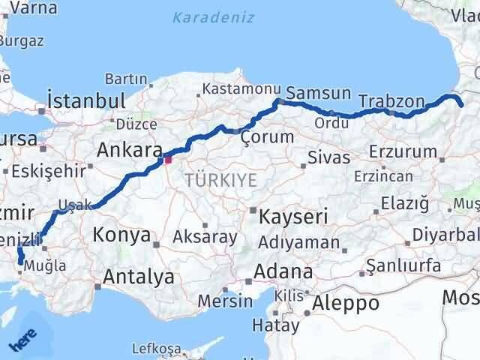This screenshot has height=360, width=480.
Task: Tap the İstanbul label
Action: (x=85, y=100)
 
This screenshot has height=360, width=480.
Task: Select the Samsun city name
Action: (x=319, y=94)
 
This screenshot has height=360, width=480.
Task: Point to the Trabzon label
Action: (x=391, y=100)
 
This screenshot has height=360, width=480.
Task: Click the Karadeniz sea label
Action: (x=213, y=16)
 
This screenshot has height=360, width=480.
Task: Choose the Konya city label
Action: (x=121, y=235)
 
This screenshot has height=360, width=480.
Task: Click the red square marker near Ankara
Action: (x=168, y=159)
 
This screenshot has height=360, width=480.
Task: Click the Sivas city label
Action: (x=329, y=157)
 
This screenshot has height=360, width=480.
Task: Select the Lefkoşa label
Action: (x=156, y=349)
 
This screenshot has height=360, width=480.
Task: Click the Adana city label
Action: (x=283, y=271)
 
